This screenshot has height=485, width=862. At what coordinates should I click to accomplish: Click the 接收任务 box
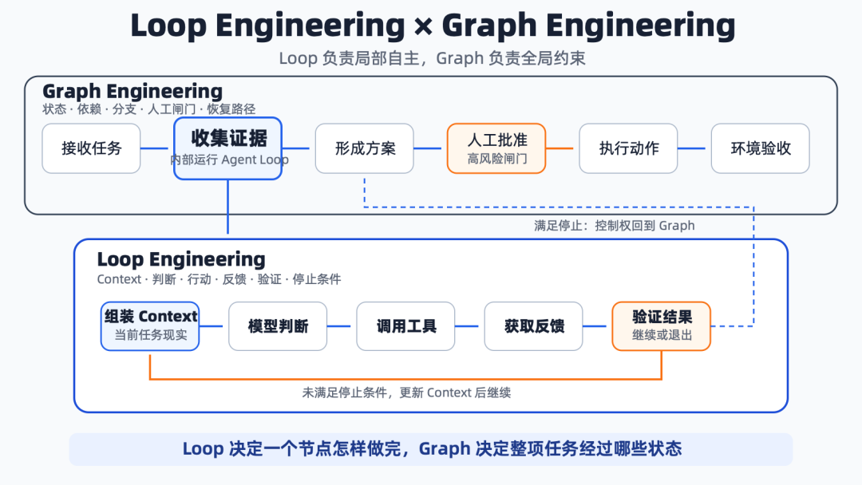(91, 148)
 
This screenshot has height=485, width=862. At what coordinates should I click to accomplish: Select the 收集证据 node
(227, 148)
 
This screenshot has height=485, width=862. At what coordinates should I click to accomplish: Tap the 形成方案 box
(365, 148)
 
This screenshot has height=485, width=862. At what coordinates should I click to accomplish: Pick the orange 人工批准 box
(496, 148)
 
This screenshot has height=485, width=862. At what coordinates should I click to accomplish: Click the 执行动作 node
(628, 148)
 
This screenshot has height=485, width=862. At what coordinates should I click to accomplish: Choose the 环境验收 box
(761, 148)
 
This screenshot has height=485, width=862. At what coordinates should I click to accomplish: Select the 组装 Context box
(150, 326)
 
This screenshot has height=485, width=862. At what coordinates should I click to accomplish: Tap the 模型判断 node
(278, 326)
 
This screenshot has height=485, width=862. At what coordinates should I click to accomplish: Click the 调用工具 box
(405, 326)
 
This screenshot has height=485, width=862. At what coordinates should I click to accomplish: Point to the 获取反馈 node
(533, 326)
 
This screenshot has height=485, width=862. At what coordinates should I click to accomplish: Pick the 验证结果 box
(662, 326)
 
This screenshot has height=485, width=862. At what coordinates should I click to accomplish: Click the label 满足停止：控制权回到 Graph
(615, 226)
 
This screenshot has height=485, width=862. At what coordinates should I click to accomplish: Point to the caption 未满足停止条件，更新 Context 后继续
(406, 392)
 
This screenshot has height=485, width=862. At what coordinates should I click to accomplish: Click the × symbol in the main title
(423, 26)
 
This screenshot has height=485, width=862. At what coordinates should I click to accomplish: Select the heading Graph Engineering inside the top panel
(132, 91)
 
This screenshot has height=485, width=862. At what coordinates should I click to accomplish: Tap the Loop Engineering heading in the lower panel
(181, 259)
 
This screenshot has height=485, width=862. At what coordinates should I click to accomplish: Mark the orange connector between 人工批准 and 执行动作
(560, 148)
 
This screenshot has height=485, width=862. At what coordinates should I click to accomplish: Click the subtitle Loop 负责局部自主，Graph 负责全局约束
(432, 58)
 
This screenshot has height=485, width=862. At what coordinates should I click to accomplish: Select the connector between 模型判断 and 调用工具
(338, 326)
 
